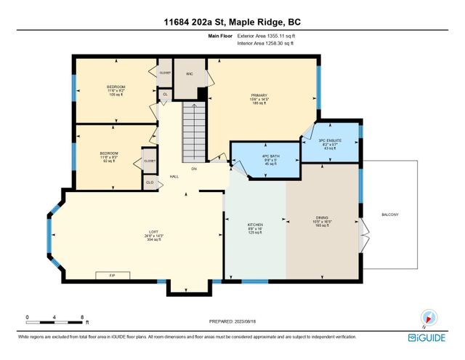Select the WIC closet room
[x=188, y=74]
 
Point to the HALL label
[x=174, y=176]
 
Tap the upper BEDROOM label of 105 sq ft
[x=116, y=87]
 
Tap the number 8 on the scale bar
[x=82, y=318]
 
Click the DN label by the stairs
[x=194, y=169]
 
